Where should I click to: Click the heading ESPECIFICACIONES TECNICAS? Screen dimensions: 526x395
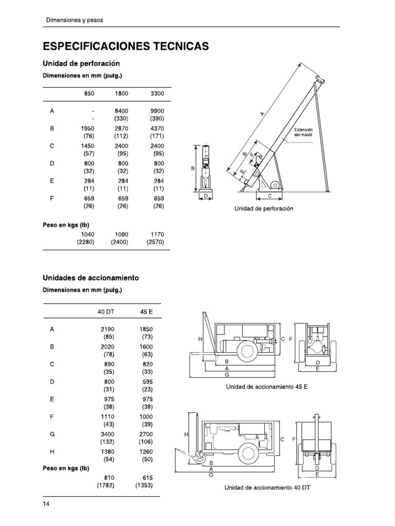pyautogui.click(x=125, y=46)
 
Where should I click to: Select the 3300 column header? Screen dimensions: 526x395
pyautogui.click(x=157, y=94)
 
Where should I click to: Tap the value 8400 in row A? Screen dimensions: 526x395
pyautogui.click(x=121, y=110)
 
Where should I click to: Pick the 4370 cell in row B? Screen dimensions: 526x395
pyautogui.click(x=157, y=128)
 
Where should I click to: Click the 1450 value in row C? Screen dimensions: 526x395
pyautogui.click(x=87, y=146)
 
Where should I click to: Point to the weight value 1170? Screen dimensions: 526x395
pyautogui.click(x=157, y=234)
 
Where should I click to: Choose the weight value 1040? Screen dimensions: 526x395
pyautogui.click(x=87, y=234)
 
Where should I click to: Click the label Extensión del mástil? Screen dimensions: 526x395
pyautogui.click(x=303, y=133)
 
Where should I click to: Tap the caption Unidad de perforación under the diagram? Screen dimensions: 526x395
pyautogui.click(x=263, y=209)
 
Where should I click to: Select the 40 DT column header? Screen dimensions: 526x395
pyautogui.click(x=106, y=312)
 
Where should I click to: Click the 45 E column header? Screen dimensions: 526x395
pyautogui.click(x=147, y=312)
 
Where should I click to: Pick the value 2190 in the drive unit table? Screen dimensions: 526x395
pyautogui.click(x=106, y=329)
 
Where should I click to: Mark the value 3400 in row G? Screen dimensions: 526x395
pyautogui.click(x=106, y=434)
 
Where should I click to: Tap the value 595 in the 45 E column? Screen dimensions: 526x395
pyautogui.click(x=148, y=382)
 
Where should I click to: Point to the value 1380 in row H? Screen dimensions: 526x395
pyautogui.click(x=106, y=452)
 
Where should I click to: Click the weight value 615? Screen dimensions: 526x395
pyautogui.click(x=148, y=477)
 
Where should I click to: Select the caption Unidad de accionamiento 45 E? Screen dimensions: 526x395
pyautogui.click(x=267, y=386)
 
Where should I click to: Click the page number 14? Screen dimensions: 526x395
pyautogui.click(x=46, y=504)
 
